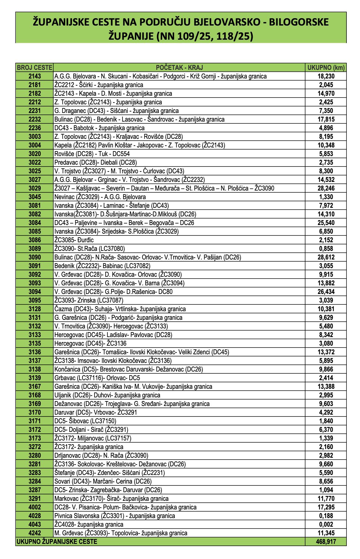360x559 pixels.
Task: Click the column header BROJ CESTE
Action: pos(34,68)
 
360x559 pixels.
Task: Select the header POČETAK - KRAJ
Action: pos(179,68)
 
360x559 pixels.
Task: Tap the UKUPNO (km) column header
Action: pos(326,68)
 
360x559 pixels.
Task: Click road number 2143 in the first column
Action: pos(34,76)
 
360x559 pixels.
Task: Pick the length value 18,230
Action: pos(326,76)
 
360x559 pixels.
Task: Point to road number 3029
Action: pos(34,188)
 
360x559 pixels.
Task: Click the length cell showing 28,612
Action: pos(326,257)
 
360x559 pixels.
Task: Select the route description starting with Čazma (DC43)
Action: pos(120,309)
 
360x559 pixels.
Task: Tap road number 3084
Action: pos(34,223)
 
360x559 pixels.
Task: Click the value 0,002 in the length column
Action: pos(326,525)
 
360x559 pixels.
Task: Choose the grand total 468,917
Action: pos(326,542)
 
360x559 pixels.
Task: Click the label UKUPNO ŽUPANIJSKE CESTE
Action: pos(57,542)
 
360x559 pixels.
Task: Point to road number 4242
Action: pos(34,533)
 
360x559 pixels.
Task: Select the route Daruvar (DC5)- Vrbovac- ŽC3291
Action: pos(96,412)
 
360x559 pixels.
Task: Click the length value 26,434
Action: pos(326,292)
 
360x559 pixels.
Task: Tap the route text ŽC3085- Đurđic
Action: pos(74,240)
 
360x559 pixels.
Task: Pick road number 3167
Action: pos(34,387)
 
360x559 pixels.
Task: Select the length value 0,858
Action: pos(326,249)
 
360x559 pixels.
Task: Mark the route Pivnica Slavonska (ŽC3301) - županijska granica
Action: pos(114,516)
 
